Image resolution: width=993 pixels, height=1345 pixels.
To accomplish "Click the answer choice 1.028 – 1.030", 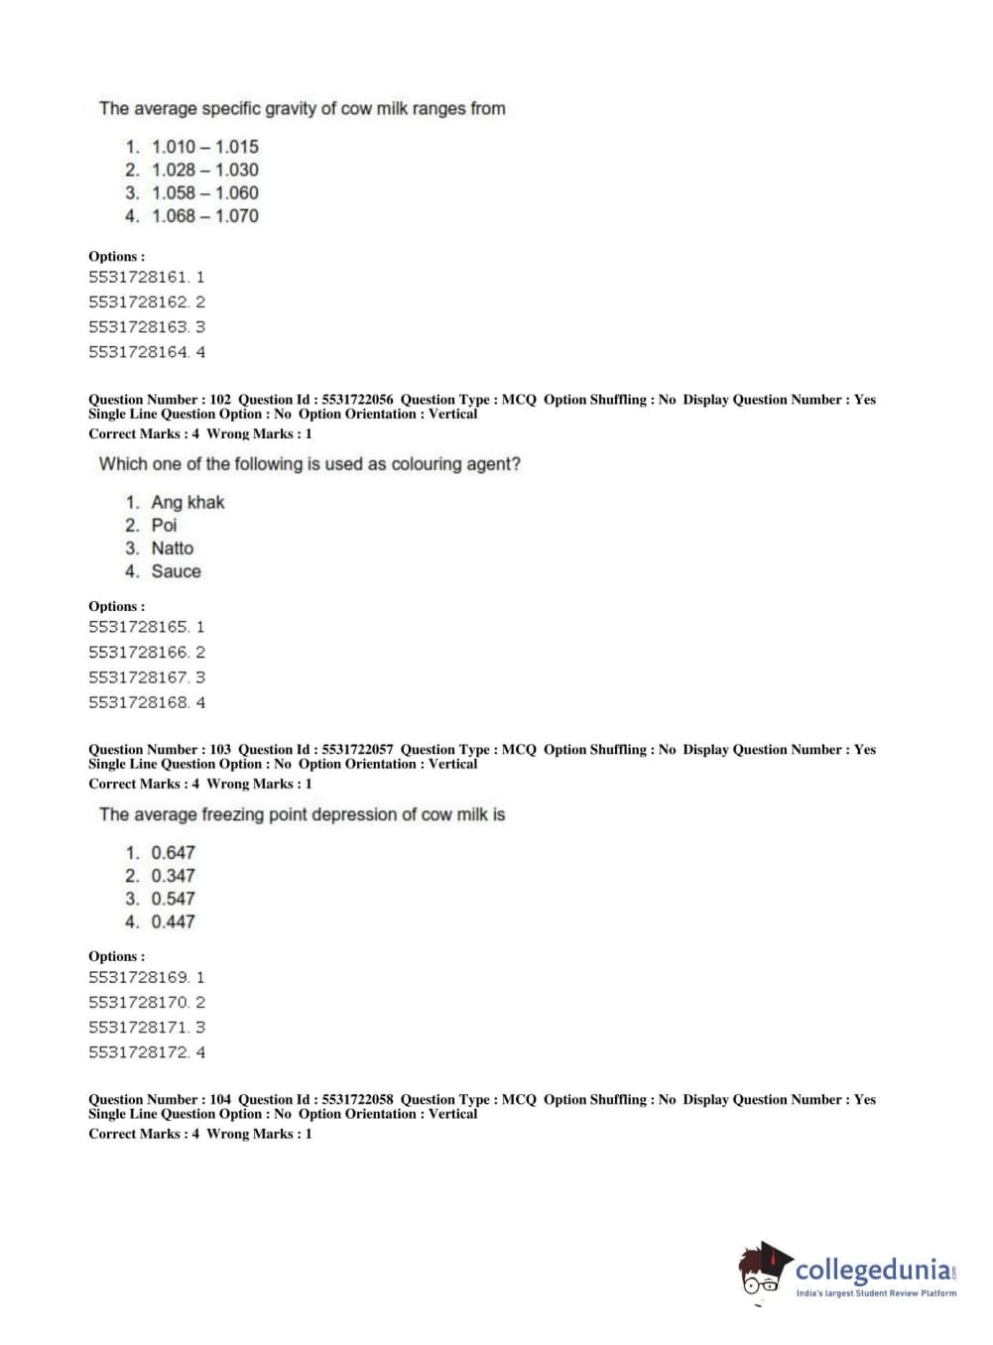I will (x=204, y=170).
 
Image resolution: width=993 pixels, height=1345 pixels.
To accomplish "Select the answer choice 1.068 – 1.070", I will (x=204, y=216).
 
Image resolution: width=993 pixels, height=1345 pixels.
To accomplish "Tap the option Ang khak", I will (x=187, y=503).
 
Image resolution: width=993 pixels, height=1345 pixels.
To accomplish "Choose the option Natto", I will (x=172, y=549).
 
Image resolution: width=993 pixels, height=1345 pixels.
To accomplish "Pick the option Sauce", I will (x=176, y=571).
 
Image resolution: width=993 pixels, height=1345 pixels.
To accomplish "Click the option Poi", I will (x=164, y=526).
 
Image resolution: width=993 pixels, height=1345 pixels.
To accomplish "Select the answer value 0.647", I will (x=173, y=853).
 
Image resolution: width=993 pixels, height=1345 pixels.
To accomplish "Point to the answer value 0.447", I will (x=173, y=922).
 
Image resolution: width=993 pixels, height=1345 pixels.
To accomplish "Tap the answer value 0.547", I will (x=173, y=899).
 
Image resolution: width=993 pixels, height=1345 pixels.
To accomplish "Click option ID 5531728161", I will (x=138, y=278).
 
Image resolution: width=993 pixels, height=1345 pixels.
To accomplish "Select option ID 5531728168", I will (x=138, y=703).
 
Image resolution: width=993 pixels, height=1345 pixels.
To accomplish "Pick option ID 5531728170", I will (x=138, y=1003).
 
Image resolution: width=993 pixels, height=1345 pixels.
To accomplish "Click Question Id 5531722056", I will (x=357, y=400).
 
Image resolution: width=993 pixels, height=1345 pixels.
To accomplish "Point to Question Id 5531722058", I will (x=357, y=1100).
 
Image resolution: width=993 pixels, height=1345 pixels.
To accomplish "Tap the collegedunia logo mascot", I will (x=764, y=1270).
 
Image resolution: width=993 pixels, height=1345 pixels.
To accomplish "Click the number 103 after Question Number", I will (x=220, y=750).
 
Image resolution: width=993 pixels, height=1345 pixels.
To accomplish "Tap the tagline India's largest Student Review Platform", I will (x=876, y=1293).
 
